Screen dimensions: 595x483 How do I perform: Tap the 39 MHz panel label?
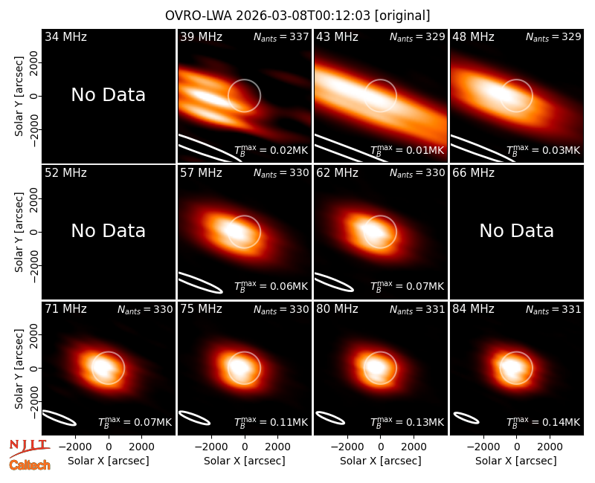[201, 36]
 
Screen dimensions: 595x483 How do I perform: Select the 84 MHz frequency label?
[473, 309]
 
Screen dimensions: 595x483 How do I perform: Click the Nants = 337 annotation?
[281, 36]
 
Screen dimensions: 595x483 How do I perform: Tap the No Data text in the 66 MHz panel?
[516, 230]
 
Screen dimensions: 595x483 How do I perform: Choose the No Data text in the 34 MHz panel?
[109, 94]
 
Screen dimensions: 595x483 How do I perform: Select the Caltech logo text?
[30, 465]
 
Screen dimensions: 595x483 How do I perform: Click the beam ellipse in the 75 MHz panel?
[194, 418]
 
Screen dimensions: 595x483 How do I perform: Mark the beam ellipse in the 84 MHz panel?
[466, 418]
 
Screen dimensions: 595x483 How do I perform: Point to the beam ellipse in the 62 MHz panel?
[334, 282]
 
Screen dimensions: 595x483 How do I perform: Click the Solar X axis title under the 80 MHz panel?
[381, 461]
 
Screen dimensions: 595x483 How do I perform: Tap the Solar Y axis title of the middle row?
[19, 232]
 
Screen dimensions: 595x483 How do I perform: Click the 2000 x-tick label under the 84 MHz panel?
[550, 447]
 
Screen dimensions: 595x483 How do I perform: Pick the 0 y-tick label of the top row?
[33, 96]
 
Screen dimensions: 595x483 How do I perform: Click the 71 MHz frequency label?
[65, 309]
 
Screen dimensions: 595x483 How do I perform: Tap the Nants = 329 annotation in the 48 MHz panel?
[553, 36]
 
